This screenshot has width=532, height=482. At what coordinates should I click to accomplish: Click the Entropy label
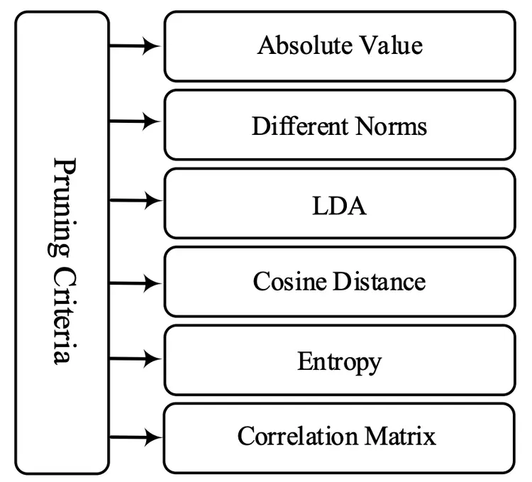coord(339,362)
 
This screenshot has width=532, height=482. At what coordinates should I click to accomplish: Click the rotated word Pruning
coord(63,206)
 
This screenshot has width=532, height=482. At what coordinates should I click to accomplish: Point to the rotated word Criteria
coord(63,312)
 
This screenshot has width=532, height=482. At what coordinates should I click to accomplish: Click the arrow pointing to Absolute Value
coord(136,46)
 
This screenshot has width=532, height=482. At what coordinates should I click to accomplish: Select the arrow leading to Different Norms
coord(136,121)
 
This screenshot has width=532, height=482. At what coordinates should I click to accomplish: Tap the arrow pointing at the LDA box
coord(136,201)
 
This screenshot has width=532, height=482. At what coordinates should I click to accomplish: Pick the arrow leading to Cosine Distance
coord(136,283)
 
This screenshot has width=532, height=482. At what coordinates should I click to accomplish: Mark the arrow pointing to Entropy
coord(136,359)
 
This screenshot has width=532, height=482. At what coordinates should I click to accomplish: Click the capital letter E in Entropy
coord(304,361)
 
